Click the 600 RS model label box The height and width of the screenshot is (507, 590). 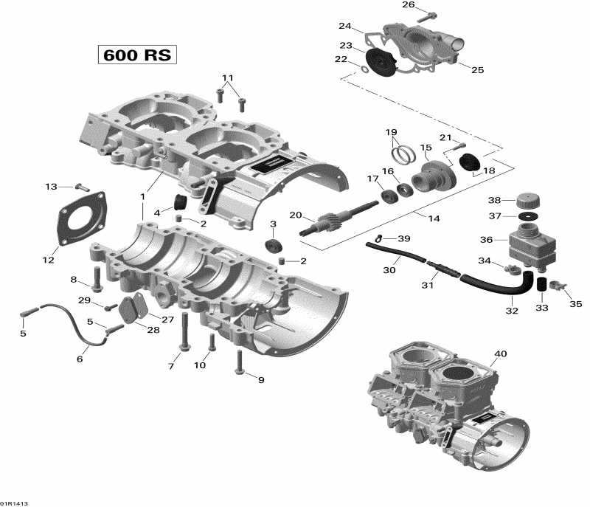[x=138, y=55]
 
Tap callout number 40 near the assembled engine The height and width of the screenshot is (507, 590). [x=501, y=354]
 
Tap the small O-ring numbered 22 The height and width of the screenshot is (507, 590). [x=363, y=70]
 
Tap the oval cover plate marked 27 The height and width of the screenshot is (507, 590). [x=133, y=309]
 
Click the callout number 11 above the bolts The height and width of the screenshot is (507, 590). [x=228, y=77]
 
